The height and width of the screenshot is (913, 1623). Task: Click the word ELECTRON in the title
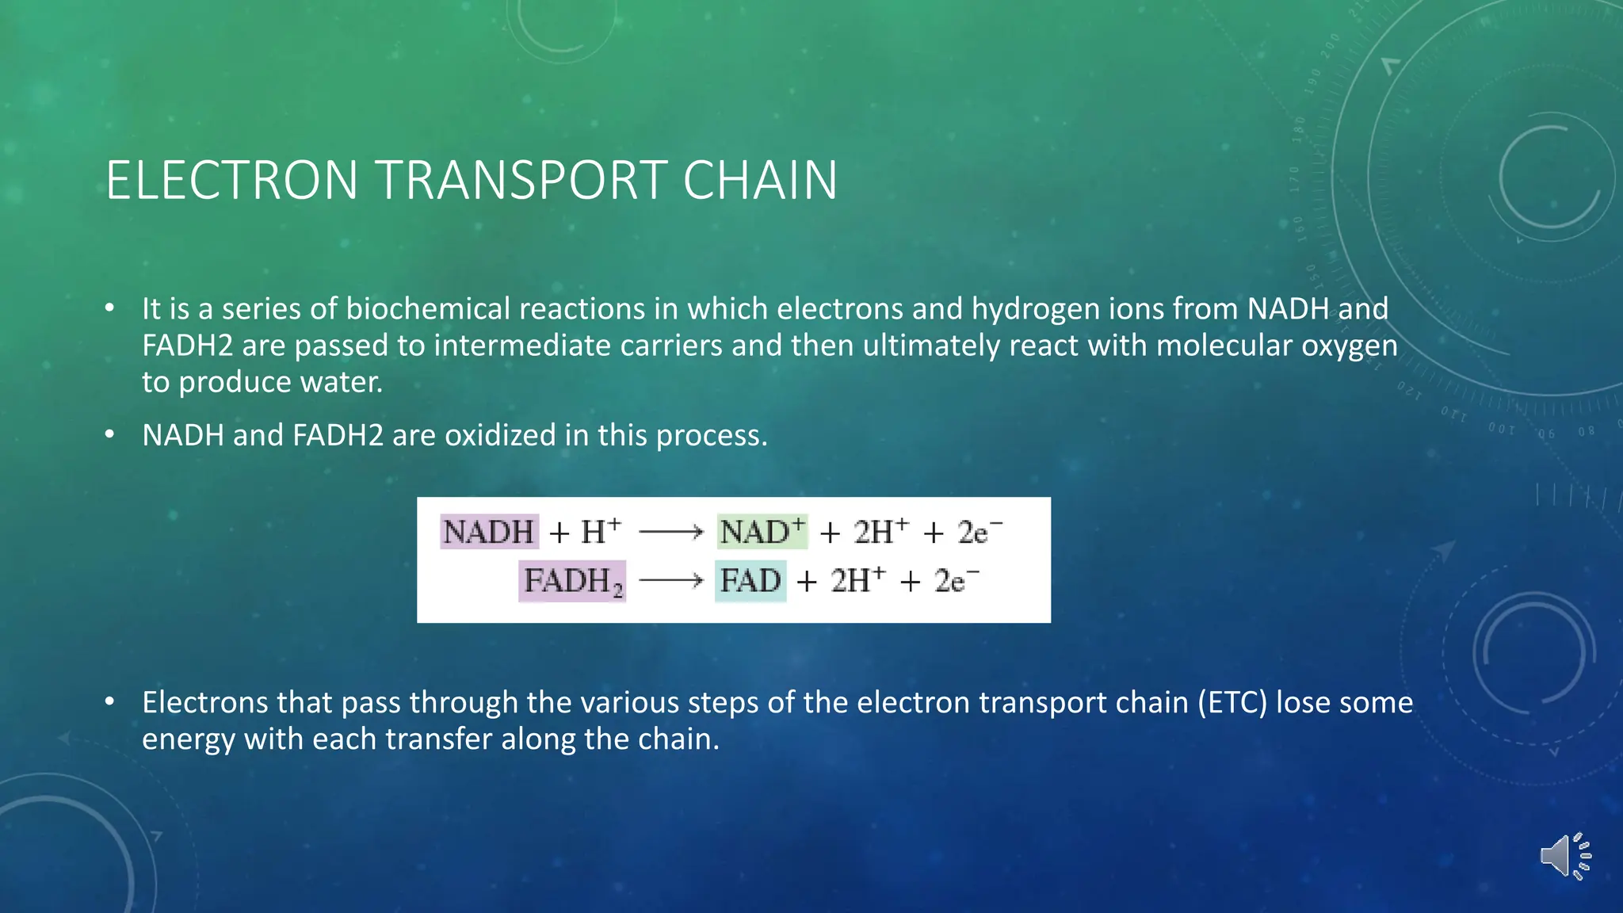(x=231, y=181)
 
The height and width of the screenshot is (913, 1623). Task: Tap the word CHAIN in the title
(x=759, y=181)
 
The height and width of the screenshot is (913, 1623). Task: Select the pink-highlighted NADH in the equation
(x=489, y=532)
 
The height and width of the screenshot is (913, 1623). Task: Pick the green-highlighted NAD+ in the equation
(x=762, y=532)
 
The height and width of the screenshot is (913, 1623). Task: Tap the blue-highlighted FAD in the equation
(x=750, y=582)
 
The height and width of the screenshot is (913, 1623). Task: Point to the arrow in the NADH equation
(x=670, y=532)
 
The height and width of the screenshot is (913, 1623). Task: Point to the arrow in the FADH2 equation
(x=670, y=582)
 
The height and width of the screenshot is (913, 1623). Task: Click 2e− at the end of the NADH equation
(x=979, y=532)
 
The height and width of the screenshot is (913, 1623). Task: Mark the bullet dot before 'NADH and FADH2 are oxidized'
(x=110, y=434)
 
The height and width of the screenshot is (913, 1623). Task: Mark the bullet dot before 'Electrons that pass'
(x=110, y=701)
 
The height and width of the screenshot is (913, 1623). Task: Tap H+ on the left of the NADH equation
(x=601, y=532)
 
